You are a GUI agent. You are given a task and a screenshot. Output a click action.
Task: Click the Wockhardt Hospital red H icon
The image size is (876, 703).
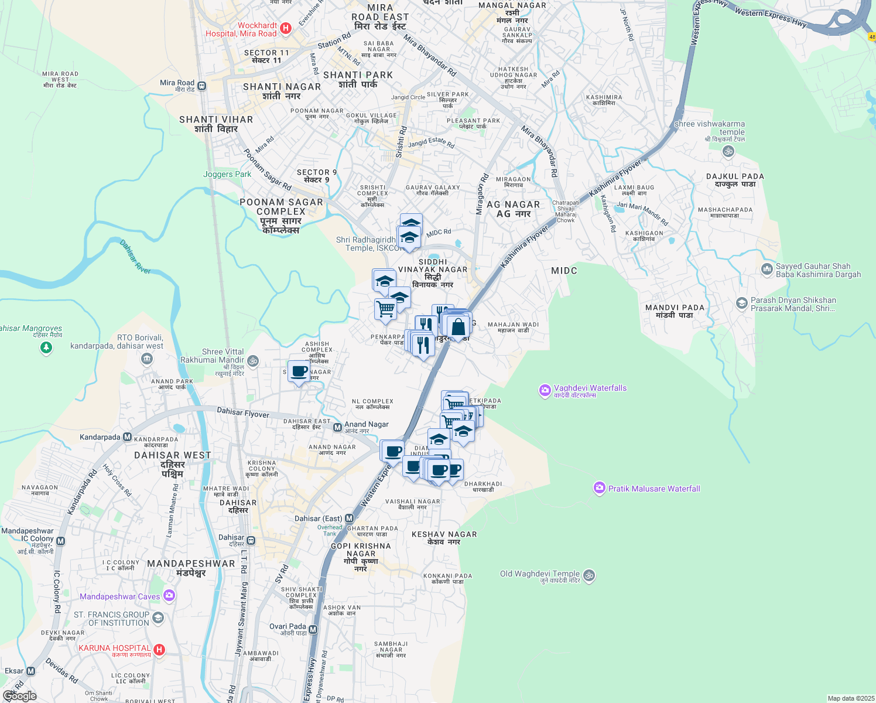(x=286, y=28)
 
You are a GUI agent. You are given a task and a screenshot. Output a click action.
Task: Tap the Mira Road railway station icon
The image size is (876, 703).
(x=202, y=86)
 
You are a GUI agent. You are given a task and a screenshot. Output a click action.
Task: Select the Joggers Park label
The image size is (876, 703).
(x=227, y=175)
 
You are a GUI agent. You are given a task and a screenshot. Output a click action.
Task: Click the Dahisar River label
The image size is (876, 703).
(x=135, y=257)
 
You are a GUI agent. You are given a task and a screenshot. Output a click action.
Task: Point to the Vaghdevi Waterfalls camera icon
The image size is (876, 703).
(x=545, y=390)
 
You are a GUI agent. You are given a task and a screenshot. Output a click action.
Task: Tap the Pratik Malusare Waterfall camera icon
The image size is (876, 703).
(x=599, y=488)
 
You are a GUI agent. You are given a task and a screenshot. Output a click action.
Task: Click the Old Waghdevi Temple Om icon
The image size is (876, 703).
(x=589, y=575)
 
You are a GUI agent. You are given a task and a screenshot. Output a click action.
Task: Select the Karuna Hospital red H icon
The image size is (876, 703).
(x=159, y=650)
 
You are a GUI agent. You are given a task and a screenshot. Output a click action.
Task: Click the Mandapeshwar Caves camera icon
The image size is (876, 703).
(x=169, y=596)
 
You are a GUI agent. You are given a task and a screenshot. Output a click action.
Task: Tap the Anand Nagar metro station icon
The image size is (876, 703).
(x=337, y=428)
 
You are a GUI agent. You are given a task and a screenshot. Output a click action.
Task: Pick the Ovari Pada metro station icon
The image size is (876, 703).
(x=313, y=630)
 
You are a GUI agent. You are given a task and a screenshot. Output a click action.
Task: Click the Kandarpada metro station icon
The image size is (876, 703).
(x=127, y=437)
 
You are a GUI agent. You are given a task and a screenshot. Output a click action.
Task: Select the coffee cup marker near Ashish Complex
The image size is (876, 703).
(x=299, y=371)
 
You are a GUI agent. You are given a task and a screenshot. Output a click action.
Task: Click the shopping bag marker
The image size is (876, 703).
(x=458, y=327)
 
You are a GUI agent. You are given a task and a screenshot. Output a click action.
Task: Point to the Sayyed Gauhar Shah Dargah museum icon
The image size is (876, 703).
(x=767, y=269)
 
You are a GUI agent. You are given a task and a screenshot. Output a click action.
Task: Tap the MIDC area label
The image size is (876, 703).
(x=564, y=271)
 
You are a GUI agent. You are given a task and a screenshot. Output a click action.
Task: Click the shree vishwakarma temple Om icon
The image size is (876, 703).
(x=728, y=151)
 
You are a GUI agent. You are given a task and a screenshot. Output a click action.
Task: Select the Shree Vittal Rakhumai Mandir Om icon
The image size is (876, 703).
(x=253, y=360)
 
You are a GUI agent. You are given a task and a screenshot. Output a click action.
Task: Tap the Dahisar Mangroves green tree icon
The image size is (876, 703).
(x=46, y=348)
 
